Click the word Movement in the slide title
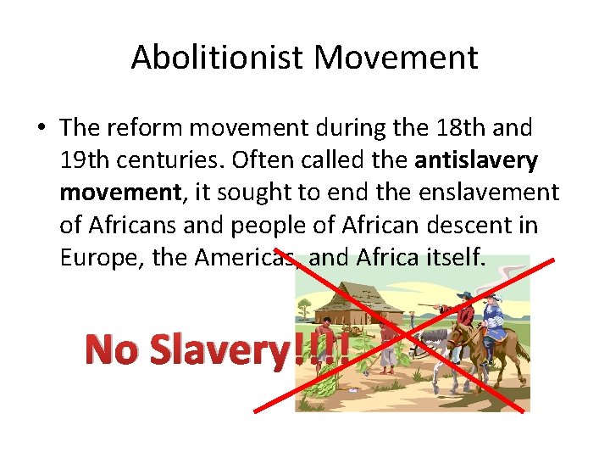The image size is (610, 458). coord(396,58)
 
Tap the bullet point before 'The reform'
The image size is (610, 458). coord(42,129)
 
